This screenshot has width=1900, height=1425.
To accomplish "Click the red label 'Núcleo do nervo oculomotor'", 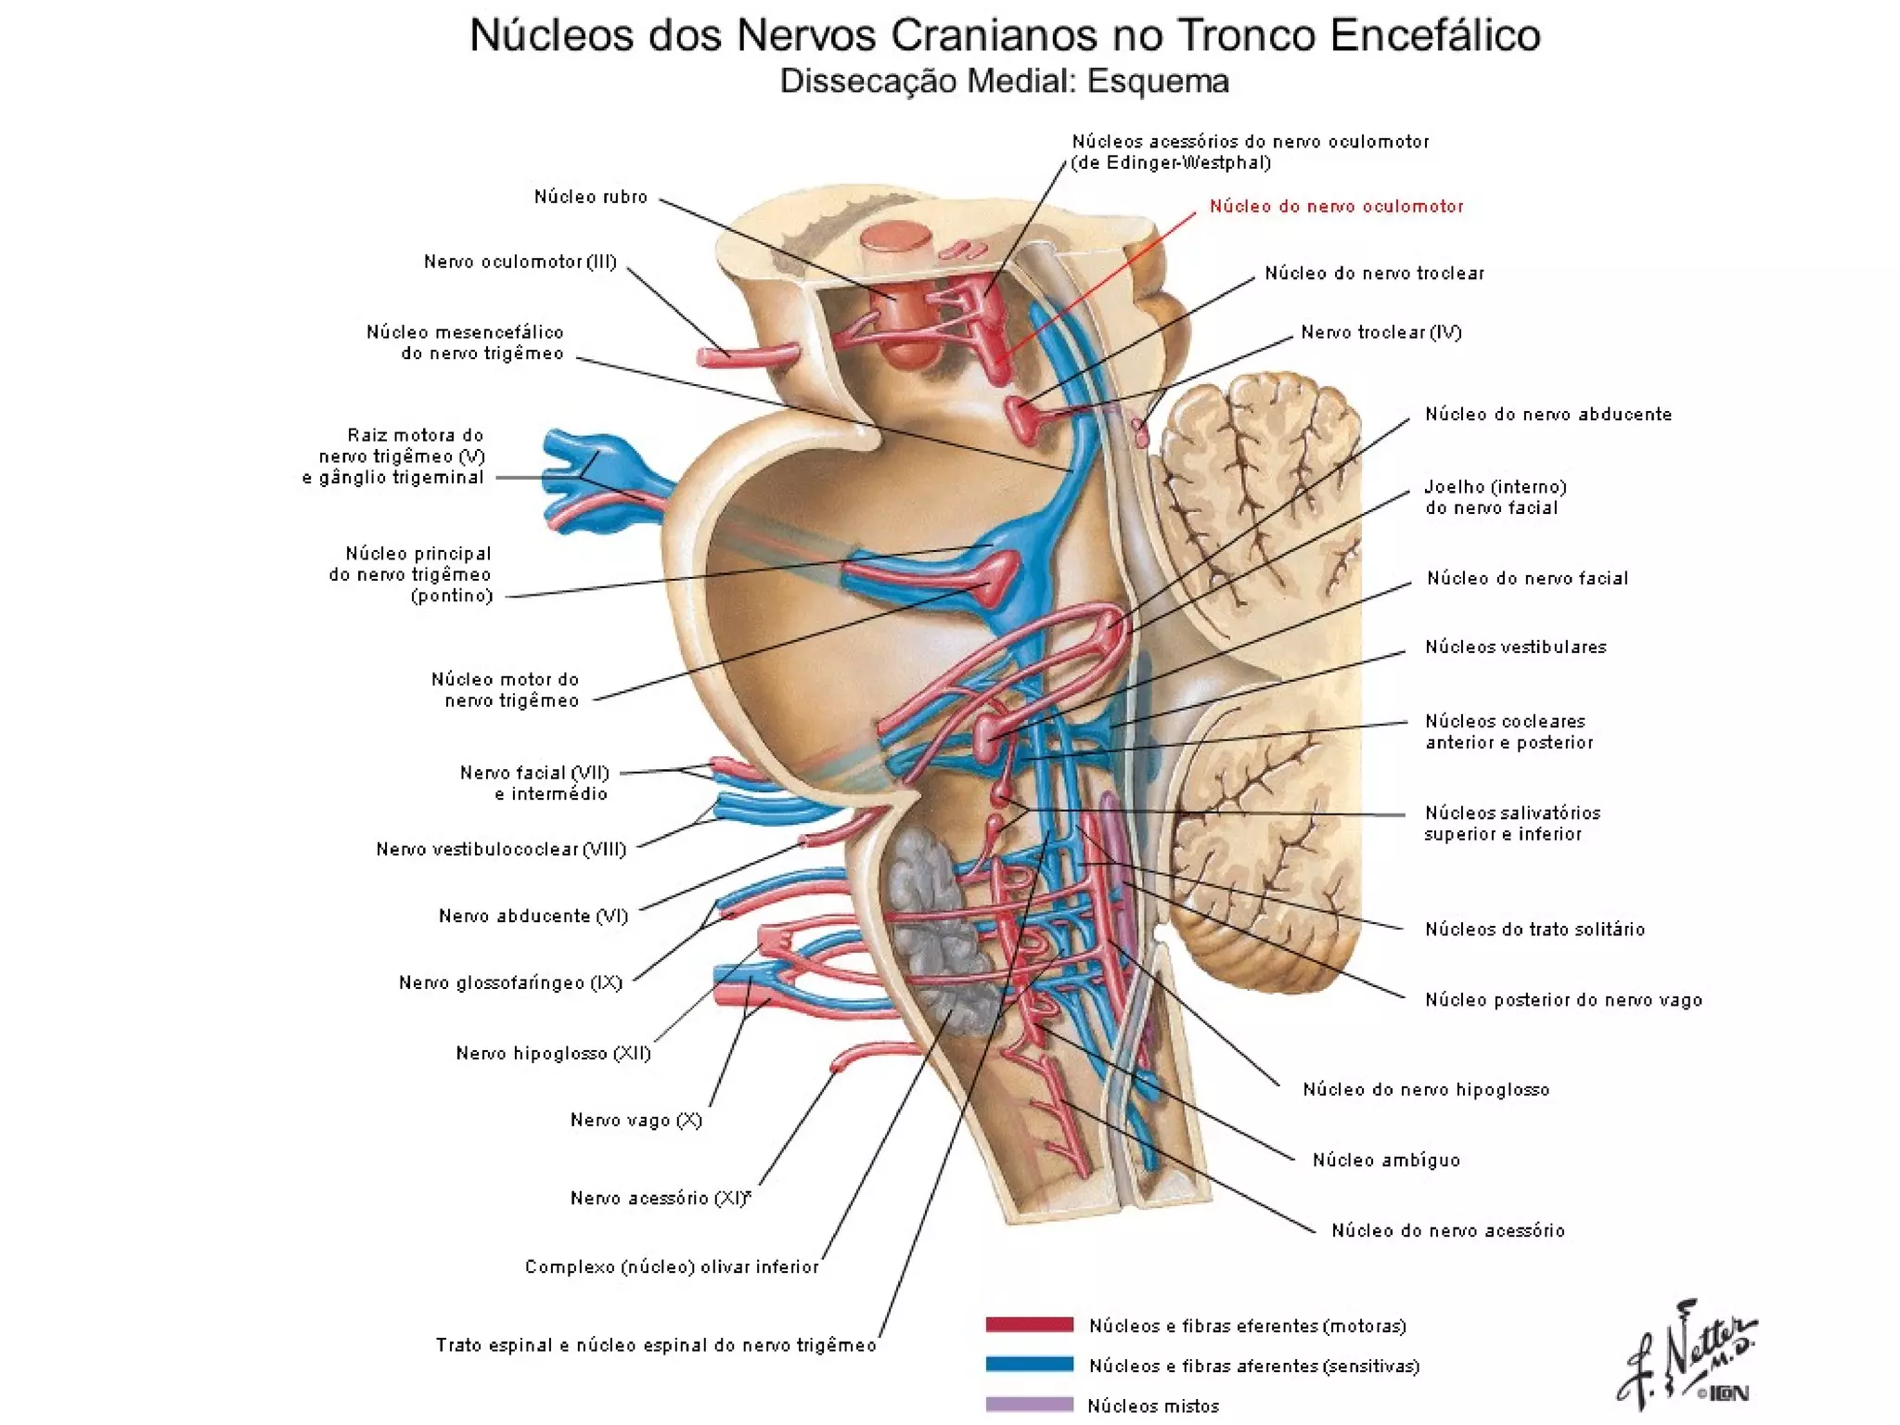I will [1336, 207].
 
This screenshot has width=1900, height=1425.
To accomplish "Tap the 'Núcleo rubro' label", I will [590, 197].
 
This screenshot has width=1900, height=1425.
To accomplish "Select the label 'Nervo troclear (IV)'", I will [1380, 332].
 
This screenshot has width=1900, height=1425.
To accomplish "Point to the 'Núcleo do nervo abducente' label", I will [1547, 415].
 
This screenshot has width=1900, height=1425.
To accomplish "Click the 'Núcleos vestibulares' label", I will [1515, 648].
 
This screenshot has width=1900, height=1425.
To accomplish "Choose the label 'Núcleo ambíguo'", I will [1386, 1160].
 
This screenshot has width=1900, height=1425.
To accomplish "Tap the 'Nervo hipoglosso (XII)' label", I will [553, 1053].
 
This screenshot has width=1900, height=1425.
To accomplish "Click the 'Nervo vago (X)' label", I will [635, 1120].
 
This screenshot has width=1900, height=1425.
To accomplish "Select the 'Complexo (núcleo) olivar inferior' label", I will [672, 1267].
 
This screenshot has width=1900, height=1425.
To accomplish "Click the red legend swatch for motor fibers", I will [1029, 1325].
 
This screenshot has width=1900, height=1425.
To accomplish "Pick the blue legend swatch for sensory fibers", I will [1029, 1365].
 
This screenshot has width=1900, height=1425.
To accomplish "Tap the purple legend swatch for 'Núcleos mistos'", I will [1029, 1405].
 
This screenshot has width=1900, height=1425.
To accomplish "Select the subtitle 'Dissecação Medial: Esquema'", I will [1004, 82].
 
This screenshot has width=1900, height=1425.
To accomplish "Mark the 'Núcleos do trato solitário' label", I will [1534, 930].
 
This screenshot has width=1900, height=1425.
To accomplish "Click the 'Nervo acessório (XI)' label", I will [660, 1198].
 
